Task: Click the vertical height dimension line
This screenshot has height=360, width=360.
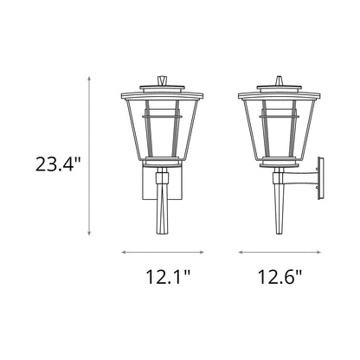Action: (x=90, y=156)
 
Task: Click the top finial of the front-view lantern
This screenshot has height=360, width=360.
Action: (x=162, y=80)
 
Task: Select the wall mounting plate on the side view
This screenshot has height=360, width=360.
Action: (x=320, y=182)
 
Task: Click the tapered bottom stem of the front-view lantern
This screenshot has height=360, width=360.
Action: (x=162, y=212)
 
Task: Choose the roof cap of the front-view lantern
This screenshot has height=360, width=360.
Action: (x=162, y=90)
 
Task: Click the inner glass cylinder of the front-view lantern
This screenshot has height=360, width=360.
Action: (x=162, y=130)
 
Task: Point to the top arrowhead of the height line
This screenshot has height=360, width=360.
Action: (x=90, y=78)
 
